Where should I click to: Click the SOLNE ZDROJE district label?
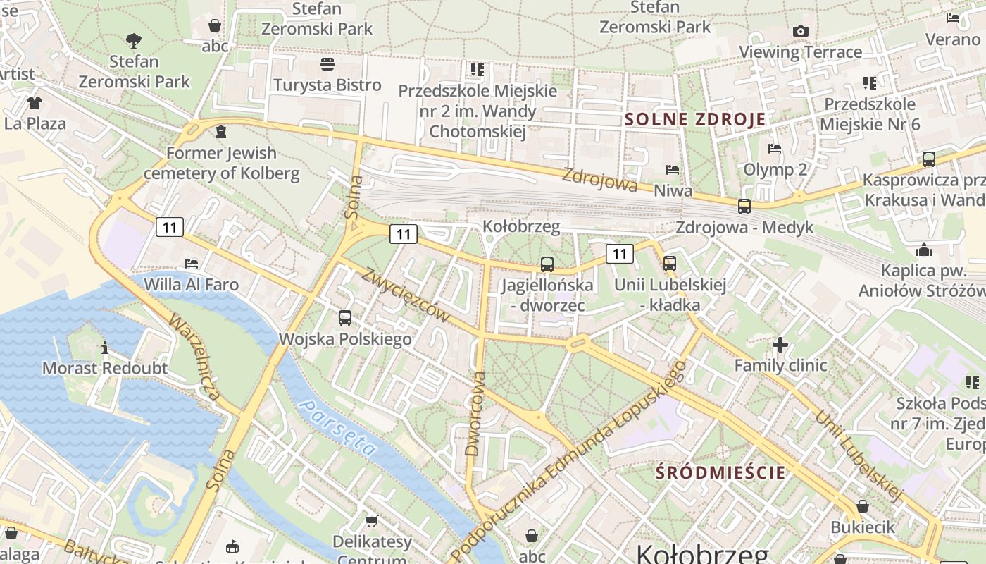pos(694,119)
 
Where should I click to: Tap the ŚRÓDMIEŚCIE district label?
pos(720,472)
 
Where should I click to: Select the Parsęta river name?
pos(337,426)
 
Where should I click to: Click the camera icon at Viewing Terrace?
pos(800,31)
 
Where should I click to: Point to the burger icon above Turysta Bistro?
pos(327,65)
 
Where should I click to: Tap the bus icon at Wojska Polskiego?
pos(345,318)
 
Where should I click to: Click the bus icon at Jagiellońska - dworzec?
pos(547,264)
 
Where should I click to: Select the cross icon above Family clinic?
pos(780,345)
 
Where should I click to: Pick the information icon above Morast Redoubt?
pos(105,348)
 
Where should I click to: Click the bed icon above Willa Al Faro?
pos(191,264)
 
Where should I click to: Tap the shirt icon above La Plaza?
pos(35,103)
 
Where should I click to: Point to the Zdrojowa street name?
pos(600,179)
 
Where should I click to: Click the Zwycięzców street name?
pos(406,295)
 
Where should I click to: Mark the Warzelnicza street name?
pos(194,357)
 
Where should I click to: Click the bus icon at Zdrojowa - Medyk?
pos(744,206)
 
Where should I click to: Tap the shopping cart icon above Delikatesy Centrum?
pos(371,521)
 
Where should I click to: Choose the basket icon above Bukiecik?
pos(862,506)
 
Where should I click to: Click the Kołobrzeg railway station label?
pos(521,226)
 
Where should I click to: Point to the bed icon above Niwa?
pos(673,170)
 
